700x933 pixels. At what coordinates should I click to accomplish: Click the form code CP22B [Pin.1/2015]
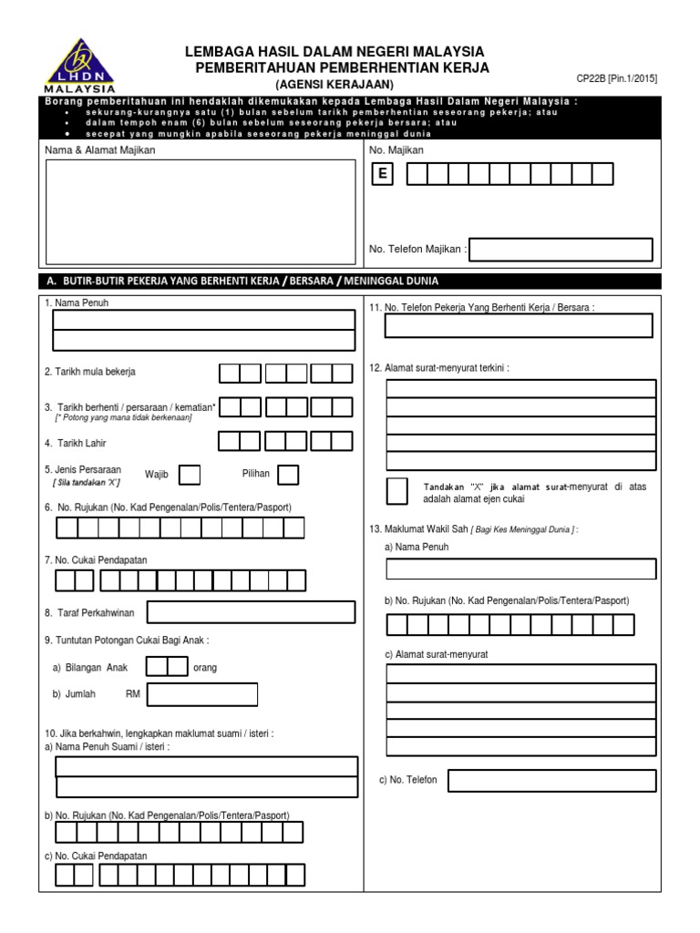616,79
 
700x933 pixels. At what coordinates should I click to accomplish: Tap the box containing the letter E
381,175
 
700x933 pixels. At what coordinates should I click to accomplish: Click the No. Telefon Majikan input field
561,249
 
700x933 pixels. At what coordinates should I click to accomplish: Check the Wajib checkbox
190,475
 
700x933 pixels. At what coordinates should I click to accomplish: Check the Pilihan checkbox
288,475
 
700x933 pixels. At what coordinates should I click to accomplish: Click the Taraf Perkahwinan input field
252,614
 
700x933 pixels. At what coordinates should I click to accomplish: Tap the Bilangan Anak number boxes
168,667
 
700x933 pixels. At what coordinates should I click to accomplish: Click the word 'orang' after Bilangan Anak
206,668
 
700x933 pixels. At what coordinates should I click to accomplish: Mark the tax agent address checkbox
397,492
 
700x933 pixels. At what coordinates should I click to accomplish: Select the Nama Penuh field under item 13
520,569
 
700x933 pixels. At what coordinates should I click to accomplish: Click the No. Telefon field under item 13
551,781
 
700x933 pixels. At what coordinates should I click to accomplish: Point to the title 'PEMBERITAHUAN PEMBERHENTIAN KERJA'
342,68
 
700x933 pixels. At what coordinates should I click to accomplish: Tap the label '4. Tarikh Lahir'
77,443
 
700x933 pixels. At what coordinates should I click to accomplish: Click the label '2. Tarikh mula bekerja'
90,372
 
